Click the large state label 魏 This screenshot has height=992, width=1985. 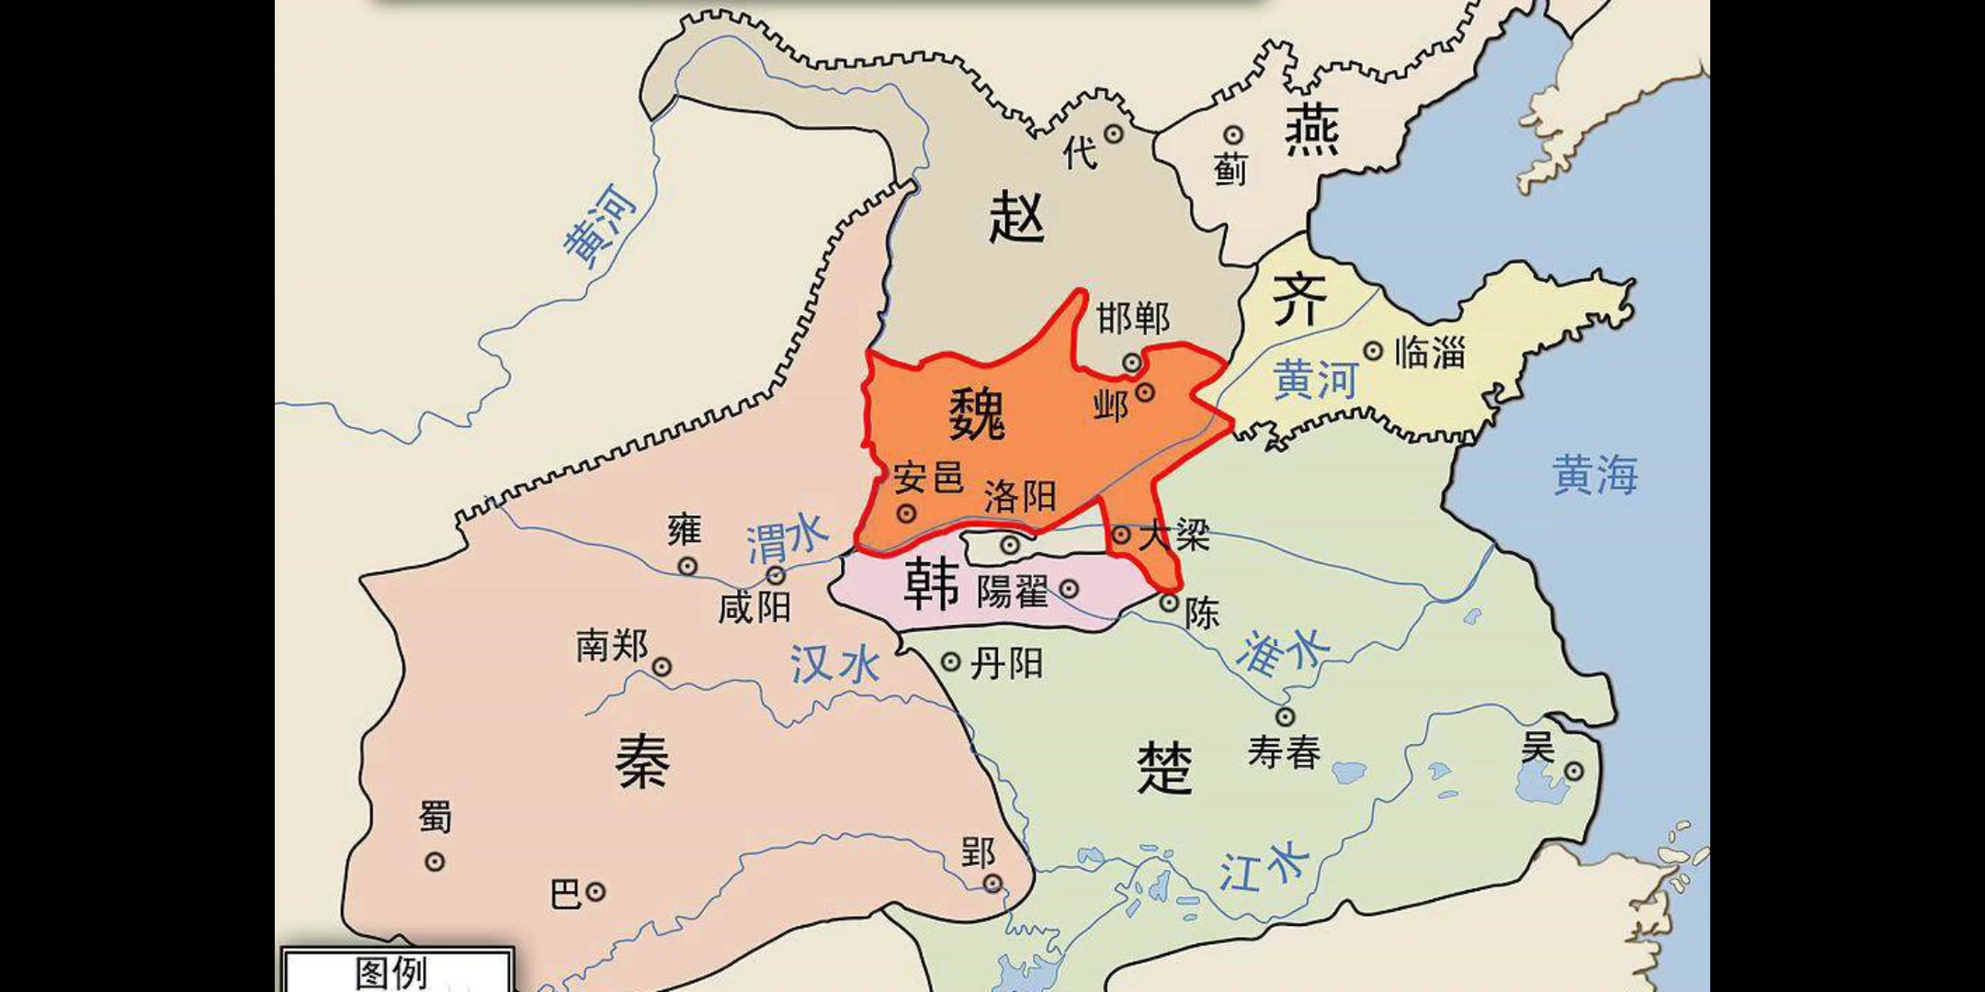977,414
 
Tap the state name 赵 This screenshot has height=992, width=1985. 1016,219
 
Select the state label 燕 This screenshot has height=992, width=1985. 1311,130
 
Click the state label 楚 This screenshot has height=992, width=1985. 1164,768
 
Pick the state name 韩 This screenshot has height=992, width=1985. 931,585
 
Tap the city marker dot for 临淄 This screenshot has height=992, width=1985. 1373,351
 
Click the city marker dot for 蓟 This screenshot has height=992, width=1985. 1232,136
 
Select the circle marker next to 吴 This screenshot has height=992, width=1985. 1574,772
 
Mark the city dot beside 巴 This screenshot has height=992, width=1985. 595,891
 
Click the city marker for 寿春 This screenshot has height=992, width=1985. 1285,716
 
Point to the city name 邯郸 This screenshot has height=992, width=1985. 1133,319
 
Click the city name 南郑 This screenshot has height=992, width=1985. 612,646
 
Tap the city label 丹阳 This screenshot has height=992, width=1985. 1006,663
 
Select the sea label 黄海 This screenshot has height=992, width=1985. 1594,476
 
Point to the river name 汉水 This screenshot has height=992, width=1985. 835,663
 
